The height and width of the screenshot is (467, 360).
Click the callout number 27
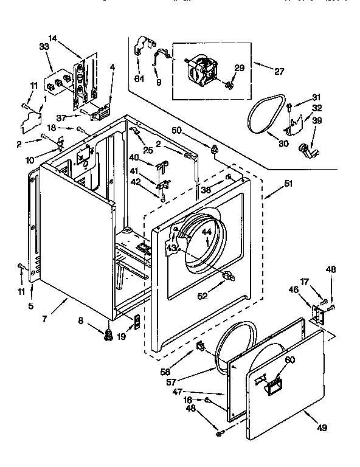(279, 72)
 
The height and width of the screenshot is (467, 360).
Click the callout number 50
(177, 130)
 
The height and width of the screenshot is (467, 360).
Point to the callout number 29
(239, 68)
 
